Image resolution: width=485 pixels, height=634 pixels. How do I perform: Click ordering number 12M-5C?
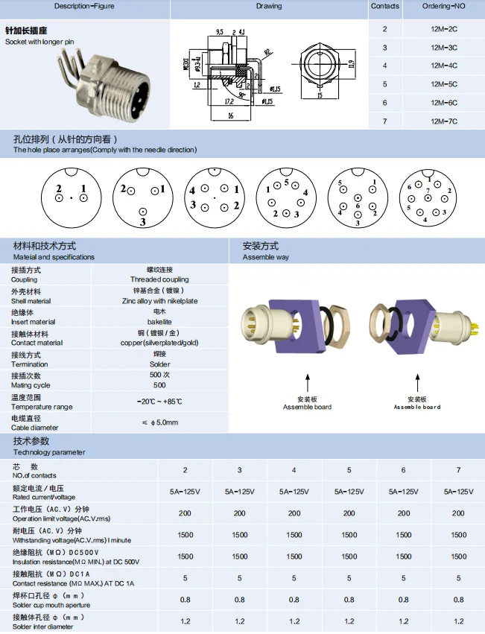pyautogui.click(x=443, y=83)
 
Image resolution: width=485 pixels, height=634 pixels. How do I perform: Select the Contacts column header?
pyautogui.click(x=385, y=6)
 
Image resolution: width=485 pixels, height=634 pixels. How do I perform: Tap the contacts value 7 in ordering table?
pyautogui.click(x=385, y=121)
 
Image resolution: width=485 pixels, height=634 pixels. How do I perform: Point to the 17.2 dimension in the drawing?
pyautogui.click(x=228, y=99)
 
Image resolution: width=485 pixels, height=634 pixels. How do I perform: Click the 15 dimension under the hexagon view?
pyautogui.click(x=319, y=95)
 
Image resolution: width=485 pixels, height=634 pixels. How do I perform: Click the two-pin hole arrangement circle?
pyautogui.click(x=71, y=197)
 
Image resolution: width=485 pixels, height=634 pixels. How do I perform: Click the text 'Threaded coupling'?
pyautogui.click(x=159, y=279)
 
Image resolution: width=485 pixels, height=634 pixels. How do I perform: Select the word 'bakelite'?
pyautogui.click(x=159, y=322)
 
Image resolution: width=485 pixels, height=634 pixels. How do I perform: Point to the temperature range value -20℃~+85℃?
pyautogui.click(x=159, y=402)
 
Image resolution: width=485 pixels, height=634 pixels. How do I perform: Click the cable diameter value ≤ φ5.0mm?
pyautogui.click(x=159, y=422)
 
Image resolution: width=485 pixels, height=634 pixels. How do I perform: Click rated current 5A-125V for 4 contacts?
pyautogui.click(x=294, y=492)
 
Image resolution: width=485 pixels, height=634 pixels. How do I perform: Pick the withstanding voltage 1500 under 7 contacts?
pyautogui.click(x=458, y=535)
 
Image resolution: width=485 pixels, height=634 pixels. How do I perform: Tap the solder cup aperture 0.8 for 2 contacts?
pyautogui.click(x=185, y=600)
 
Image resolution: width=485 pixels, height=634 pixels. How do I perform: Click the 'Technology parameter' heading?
pyautogui.click(x=49, y=452)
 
